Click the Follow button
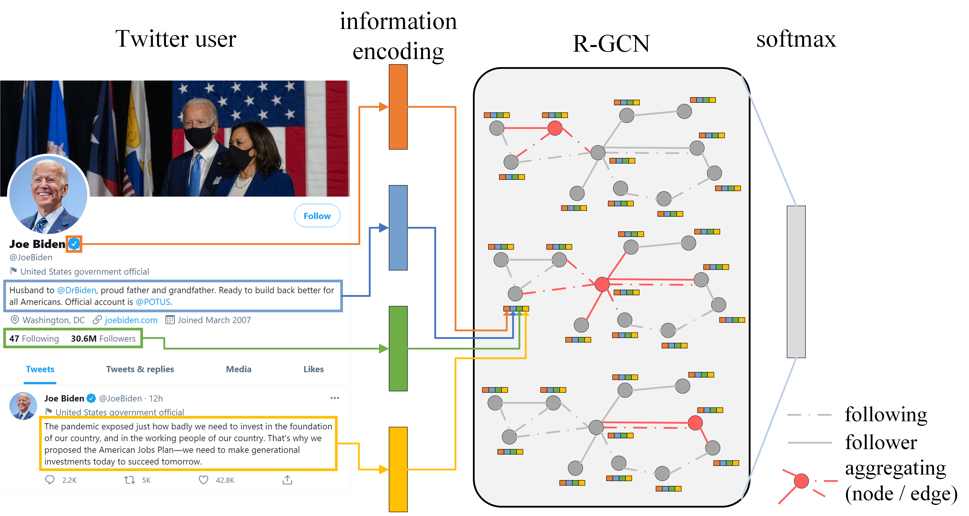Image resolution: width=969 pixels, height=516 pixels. coord(317,216)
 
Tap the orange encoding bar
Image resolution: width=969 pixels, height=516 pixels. coord(398,107)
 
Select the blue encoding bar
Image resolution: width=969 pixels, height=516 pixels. coord(398,228)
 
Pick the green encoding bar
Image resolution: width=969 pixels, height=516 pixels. coord(398,348)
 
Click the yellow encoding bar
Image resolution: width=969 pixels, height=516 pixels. coord(398,469)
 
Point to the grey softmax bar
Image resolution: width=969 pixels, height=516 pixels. coord(796,282)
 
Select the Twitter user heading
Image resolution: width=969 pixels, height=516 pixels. coord(176,39)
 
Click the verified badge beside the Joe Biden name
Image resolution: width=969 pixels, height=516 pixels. coord(74,244)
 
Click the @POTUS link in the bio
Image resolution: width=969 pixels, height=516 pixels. coord(153,302)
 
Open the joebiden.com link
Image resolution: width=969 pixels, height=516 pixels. coord(131,320)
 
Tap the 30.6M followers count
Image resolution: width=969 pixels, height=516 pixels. coord(103,338)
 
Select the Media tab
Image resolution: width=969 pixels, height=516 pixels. coord(238,369)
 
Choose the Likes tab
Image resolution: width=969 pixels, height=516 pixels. coord(313,369)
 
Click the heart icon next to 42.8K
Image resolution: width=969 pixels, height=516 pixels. coord(203,480)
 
